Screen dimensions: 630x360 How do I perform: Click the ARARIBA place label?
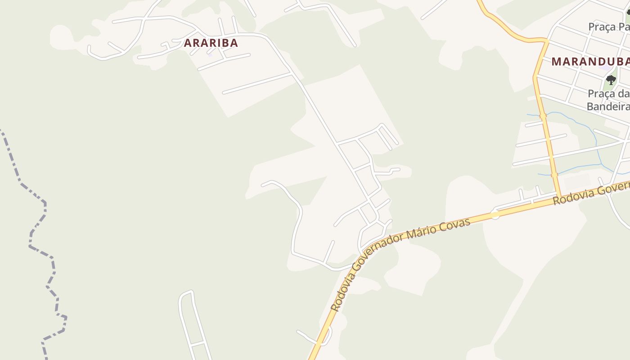pyautogui.click(x=211, y=43)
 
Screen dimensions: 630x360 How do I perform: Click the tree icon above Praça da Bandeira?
pyautogui.click(x=611, y=80)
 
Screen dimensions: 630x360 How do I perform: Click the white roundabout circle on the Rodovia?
pyautogui.click(x=495, y=215)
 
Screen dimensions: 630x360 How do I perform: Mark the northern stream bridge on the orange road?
pyautogui.click(x=543, y=116)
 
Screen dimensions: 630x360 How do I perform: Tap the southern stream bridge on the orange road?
pyautogui.click(x=554, y=175)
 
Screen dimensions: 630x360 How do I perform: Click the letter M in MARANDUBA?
pyautogui.click(x=556, y=62)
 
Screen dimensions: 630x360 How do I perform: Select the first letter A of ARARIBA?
pyautogui.click(x=188, y=43)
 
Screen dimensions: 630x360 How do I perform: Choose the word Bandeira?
pyautogui.click(x=607, y=106)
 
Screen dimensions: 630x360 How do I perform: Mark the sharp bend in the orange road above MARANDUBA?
pyautogui.click(x=546, y=41)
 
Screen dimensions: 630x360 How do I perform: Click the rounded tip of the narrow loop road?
pyautogui.click(x=186, y=293)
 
